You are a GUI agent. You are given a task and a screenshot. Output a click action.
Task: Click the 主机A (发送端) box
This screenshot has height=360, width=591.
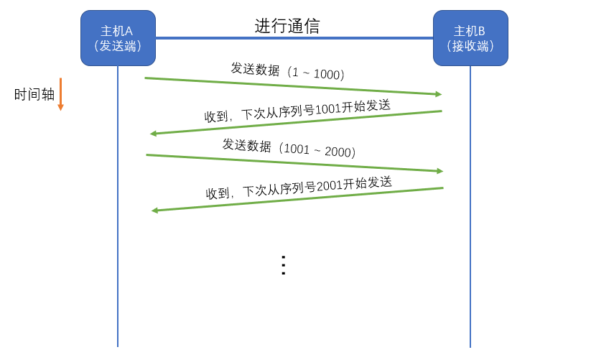point(118,38)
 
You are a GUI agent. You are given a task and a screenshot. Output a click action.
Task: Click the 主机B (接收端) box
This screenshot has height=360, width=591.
point(470,38)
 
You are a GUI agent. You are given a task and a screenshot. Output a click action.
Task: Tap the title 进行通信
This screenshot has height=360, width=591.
point(287,27)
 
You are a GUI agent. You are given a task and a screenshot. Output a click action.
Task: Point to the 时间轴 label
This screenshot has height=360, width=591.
point(34,94)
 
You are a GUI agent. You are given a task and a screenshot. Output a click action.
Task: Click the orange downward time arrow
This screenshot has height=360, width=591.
point(60,94)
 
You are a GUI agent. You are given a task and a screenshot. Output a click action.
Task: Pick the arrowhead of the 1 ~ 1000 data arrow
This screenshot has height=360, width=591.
point(438,94)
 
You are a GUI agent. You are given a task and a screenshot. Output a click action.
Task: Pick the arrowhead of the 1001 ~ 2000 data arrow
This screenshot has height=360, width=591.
point(439,171)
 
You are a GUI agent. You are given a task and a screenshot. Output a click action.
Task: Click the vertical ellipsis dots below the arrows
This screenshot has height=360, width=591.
point(283,264)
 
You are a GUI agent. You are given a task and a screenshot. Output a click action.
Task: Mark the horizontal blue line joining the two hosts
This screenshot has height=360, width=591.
point(294,38)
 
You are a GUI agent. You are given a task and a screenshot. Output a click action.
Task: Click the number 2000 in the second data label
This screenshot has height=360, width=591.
point(338,152)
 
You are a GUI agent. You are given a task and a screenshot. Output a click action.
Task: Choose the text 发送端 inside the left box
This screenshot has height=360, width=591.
point(118,46)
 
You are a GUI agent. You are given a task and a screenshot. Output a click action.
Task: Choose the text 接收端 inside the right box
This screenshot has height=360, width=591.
point(470,46)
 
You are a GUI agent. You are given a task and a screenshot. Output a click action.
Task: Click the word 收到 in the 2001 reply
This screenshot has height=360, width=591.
point(218,193)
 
